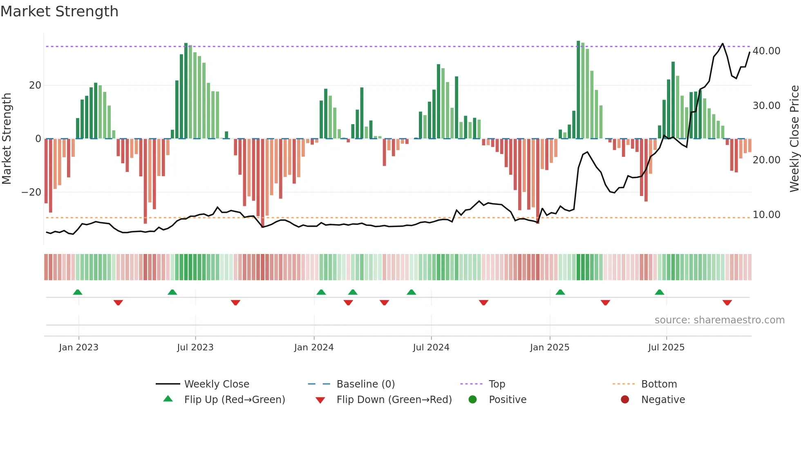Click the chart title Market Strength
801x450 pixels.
tap(59, 11)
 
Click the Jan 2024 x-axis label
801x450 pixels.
tap(313, 347)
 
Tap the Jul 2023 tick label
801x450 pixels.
tap(195, 347)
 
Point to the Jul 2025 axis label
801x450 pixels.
tap(666, 347)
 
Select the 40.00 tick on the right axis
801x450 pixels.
tap(766, 51)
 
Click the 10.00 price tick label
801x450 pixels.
tap(766, 215)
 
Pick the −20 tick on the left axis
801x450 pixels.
tap(31, 192)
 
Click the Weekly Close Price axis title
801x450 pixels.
tap(794, 138)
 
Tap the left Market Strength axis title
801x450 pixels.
tap(7, 138)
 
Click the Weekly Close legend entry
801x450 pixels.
tap(216, 384)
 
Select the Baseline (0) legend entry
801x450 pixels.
tap(365, 384)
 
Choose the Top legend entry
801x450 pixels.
tap(497, 384)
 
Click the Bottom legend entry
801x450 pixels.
tap(659, 384)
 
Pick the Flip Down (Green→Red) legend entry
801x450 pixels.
tap(394, 400)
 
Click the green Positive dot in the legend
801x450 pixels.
tap(472, 400)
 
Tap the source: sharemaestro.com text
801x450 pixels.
tap(719, 320)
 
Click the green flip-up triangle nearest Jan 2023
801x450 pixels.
tap(78, 292)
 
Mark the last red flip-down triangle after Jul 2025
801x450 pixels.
tap(727, 303)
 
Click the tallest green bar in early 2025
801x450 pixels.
tap(578, 90)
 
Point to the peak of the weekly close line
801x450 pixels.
tap(723, 44)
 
